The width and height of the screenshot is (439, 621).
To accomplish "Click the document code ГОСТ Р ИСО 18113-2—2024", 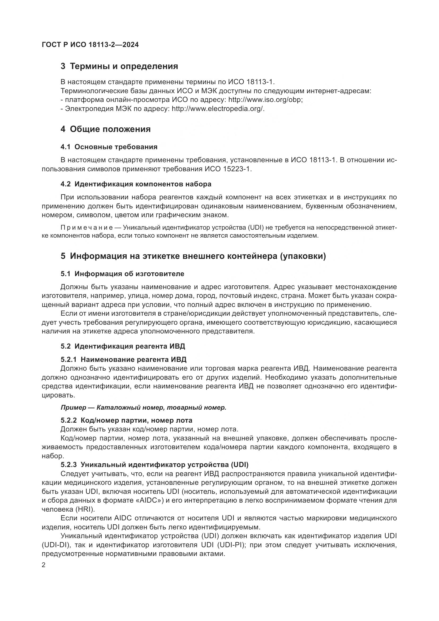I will [x=90, y=45].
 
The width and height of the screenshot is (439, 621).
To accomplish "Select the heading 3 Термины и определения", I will [x=119, y=66].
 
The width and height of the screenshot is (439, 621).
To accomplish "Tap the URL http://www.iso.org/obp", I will [x=265, y=100].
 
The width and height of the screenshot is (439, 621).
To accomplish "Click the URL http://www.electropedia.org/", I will [x=218, y=109].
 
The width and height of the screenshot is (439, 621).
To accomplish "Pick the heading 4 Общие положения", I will [x=105, y=129].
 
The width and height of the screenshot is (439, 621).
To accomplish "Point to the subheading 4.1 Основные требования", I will [x=109, y=147].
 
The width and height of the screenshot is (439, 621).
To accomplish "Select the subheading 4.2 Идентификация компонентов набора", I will [x=136, y=184].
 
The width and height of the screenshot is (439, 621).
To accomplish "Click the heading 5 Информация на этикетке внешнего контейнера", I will [x=193, y=256].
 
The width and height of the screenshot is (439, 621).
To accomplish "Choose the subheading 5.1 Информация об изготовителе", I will [x=122, y=274].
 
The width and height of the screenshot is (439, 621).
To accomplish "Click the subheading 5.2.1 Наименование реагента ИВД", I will [x=123, y=359].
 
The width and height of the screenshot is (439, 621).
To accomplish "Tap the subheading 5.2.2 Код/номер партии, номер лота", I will [x=126, y=420].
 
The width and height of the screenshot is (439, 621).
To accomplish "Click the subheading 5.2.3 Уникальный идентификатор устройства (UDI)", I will [x=154, y=465].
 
